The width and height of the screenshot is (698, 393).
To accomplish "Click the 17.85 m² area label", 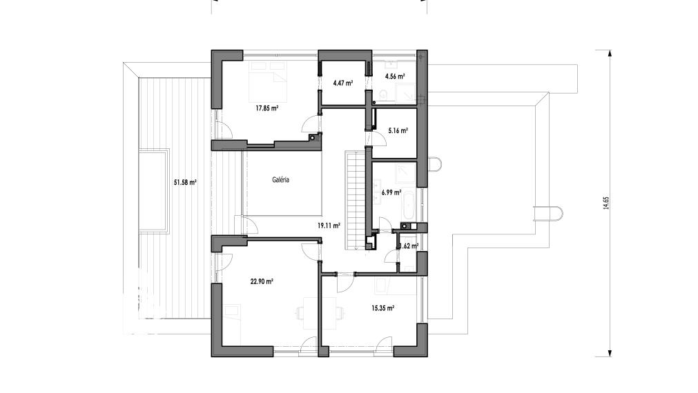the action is pyautogui.click(x=266, y=108).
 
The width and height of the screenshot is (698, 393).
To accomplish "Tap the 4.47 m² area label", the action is pyautogui.click(x=342, y=83).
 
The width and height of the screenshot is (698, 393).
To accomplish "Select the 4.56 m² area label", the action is pyautogui.click(x=395, y=76).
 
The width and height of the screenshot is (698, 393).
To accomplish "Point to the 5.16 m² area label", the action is pyautogui.click(x=398, y=131).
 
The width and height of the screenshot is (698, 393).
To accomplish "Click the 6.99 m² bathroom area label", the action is pyautogui.click(x=391, y=192).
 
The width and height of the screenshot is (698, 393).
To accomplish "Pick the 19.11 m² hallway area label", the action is pyautogui.click(x=329, y=225).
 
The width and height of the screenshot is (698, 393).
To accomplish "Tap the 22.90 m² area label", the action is pyautogui.click(x=262, y=281).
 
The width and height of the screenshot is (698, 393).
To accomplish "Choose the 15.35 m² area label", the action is pyautogui.click(x=383, y=308).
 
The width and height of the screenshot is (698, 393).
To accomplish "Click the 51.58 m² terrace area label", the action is pyautogui.click(x=185, y=182).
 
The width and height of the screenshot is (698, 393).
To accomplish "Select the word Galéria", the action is pyautogui.click(x=281, y=180).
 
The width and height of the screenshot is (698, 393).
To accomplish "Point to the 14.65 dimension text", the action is pyautogui.click(x=606, y=203).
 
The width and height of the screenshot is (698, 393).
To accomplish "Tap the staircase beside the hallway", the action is pyautogui.click(x=355, y=201).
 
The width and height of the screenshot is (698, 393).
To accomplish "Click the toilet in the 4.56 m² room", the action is pyautogui.click(x=384, y=94).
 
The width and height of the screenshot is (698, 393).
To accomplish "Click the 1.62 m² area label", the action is pyautogui.click(x=409, y=246).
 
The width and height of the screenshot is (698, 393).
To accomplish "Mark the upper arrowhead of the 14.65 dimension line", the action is pyautogui.click(x=609, y=53).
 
